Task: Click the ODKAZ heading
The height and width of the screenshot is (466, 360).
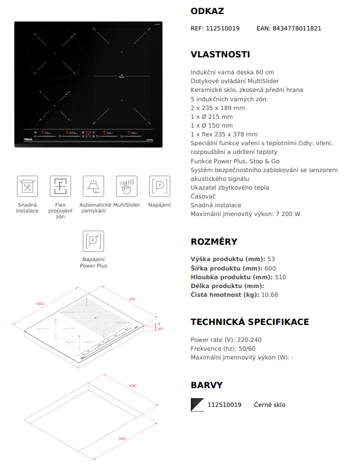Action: [207, 11]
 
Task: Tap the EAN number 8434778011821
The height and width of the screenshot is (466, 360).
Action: [297, 28]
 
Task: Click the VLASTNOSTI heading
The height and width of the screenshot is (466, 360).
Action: [220, 54]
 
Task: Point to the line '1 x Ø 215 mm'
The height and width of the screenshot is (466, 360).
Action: [211, 117]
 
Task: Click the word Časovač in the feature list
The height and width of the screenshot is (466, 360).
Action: [204, 197]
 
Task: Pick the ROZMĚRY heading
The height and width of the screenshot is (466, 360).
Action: [214, 241]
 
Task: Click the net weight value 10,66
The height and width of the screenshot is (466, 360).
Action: [270, 294]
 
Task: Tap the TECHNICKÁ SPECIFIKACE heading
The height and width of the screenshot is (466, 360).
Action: [250, 321]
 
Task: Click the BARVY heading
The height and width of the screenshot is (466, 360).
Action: [207, 385]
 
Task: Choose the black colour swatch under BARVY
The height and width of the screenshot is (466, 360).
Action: [198, 405]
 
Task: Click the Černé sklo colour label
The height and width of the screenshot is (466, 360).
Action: [270, 405]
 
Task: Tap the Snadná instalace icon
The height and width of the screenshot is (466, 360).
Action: [27, 186]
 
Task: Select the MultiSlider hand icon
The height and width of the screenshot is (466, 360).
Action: [126, 186]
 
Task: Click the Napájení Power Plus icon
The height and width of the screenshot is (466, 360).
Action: [94, 241]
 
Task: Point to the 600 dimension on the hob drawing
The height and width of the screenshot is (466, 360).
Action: [40, 303]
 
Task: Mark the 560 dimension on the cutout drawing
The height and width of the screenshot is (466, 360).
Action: [122, 438]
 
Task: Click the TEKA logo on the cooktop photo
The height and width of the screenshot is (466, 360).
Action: [28, 139]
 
